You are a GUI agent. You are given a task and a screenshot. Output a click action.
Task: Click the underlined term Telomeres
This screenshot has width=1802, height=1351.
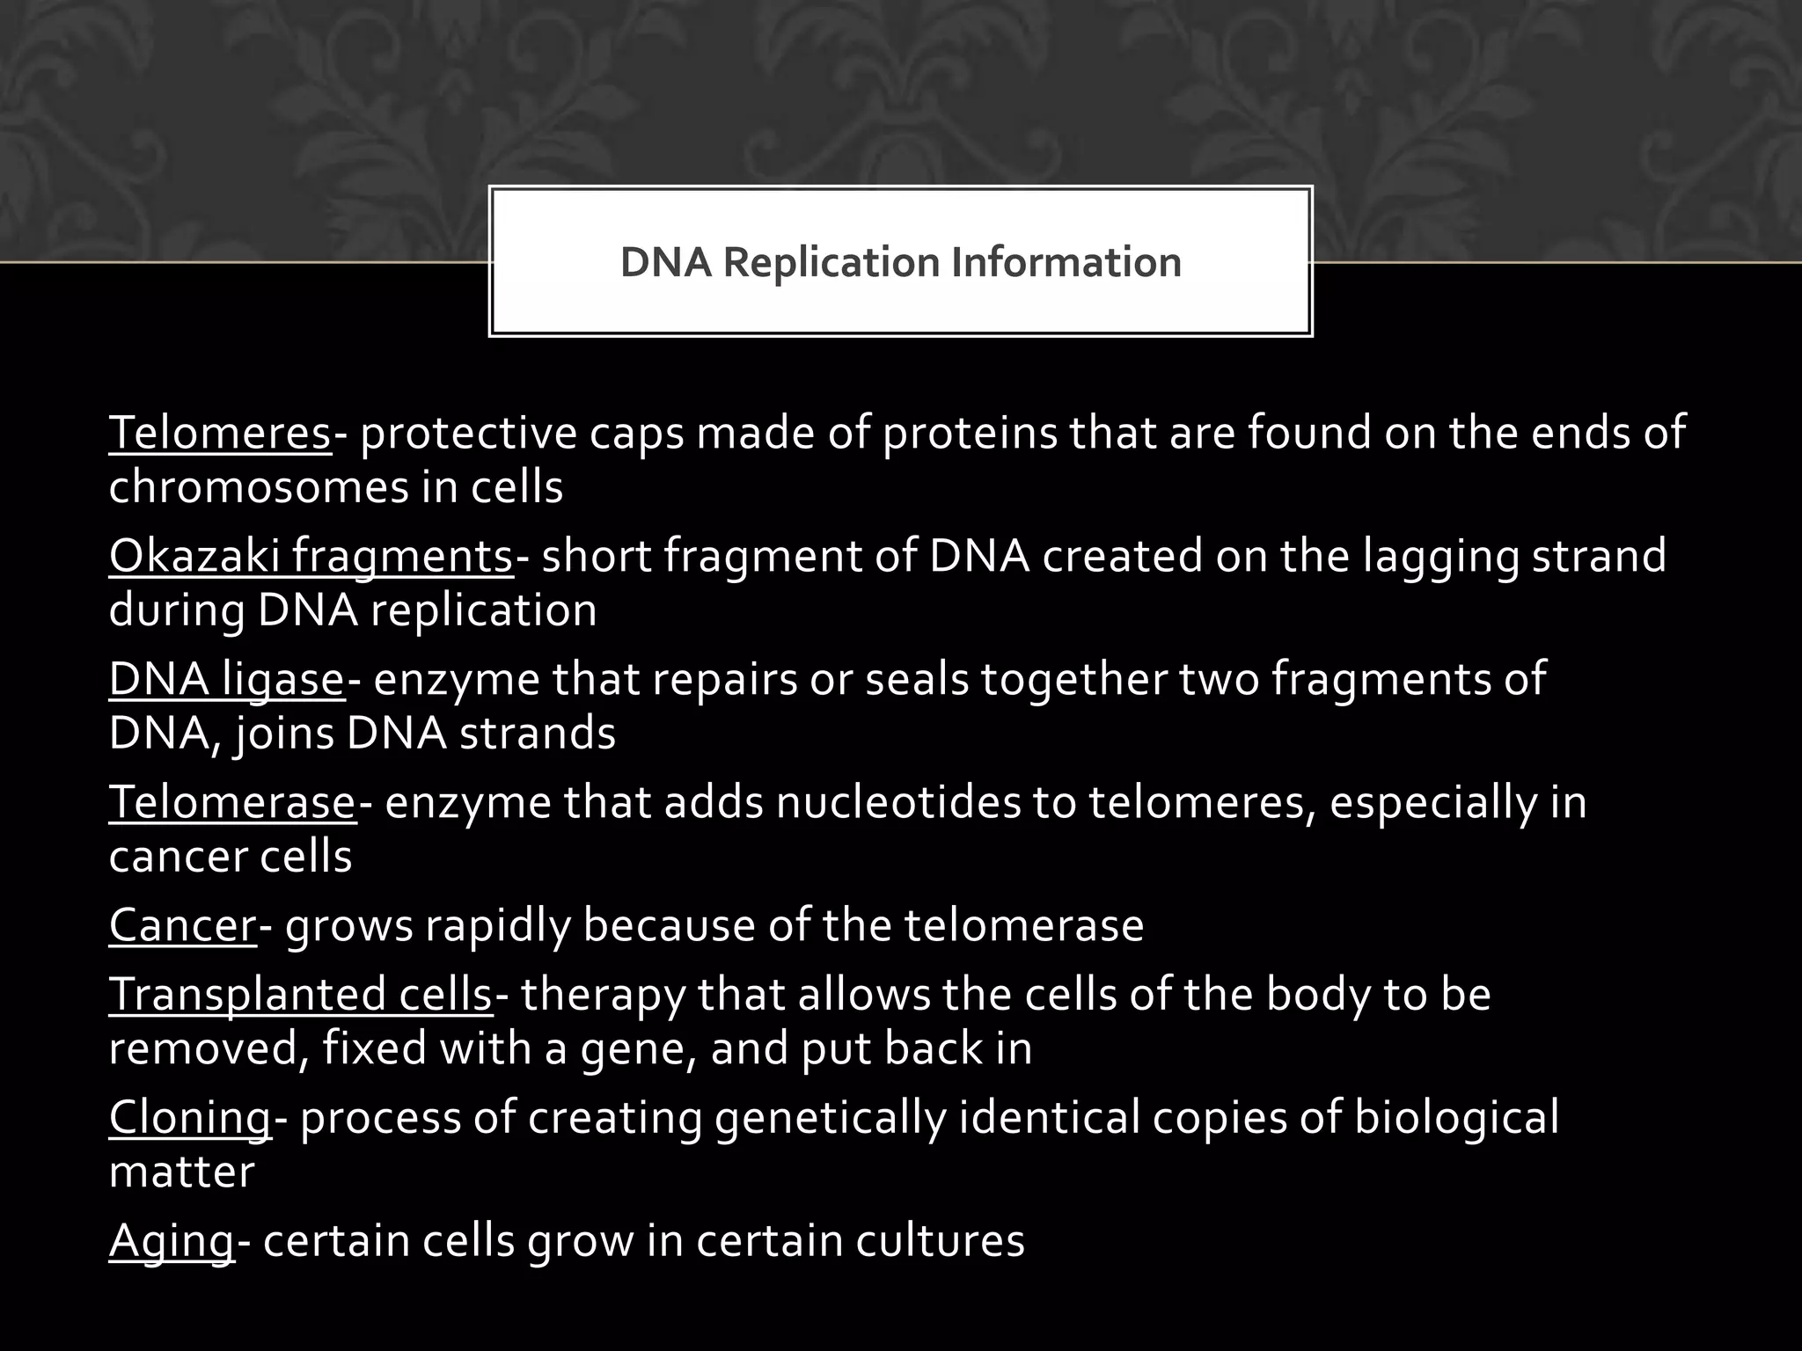pos(220,434)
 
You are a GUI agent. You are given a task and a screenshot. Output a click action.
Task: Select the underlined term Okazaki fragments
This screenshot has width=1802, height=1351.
pos(311,557)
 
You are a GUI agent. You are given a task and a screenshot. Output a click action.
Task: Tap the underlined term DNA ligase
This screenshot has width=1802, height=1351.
pos(226,680)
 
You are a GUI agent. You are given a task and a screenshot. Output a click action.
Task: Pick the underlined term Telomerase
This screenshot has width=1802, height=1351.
pos(232,803)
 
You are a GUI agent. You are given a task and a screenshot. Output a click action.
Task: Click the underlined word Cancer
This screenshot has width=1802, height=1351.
pos(182,925)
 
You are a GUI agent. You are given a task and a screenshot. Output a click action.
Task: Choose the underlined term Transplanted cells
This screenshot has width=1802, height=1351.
pos(300,995)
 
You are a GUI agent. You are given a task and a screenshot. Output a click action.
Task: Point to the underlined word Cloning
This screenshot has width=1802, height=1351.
pos(190,1118)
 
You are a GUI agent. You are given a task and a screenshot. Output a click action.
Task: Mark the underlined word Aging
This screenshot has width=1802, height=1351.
pos(172,1241)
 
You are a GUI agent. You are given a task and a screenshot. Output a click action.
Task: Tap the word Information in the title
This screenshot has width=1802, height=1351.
pos(1066,262)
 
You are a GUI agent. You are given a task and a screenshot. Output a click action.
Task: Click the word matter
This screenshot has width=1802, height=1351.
pos(181,1172)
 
